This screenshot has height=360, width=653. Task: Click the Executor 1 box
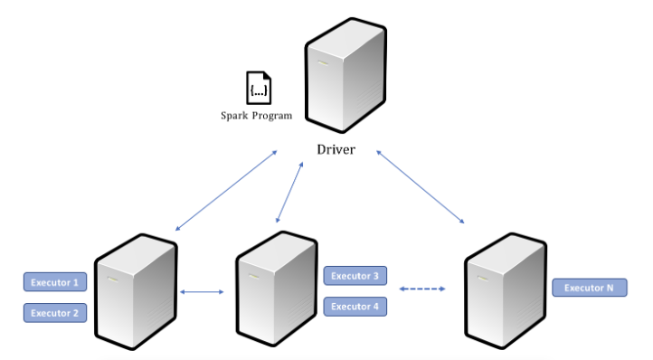click(55, 282)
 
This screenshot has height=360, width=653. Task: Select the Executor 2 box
click(55, 313)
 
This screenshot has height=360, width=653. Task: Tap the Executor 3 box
click(355, 275)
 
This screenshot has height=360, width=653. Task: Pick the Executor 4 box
click(355, 307)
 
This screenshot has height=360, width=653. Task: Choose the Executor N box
click(590, 288)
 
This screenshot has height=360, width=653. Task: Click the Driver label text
click(336, 149)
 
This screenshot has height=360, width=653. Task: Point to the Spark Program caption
click(256, 116)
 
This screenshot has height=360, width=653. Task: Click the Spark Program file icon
click(259, 88)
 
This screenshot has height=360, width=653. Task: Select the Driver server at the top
click(345, 75)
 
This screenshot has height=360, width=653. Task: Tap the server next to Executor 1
click(136, 291)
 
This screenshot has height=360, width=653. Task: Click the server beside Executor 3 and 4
click(277, 289)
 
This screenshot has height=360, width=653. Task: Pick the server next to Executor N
click(506, 290)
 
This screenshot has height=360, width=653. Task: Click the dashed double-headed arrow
click(422, 289)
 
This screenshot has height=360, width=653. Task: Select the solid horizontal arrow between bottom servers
click(202, 291)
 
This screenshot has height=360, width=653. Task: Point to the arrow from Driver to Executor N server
click(421, 187)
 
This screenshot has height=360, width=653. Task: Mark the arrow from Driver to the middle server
click(289, 193)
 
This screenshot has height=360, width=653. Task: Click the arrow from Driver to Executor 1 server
click(226, 191)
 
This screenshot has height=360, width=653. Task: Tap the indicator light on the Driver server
click(323, 63)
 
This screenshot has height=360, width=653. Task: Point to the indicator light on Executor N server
click(483, 279)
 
